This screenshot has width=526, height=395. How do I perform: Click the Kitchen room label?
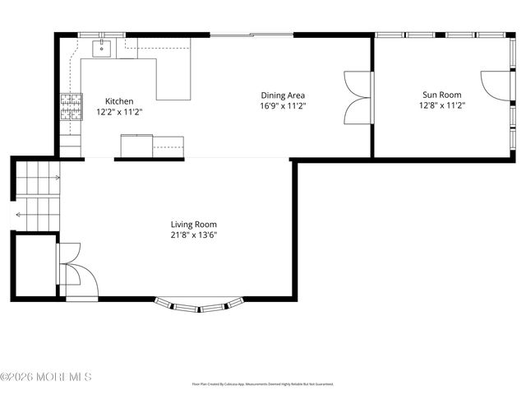113,101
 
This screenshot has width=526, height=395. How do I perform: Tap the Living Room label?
194,224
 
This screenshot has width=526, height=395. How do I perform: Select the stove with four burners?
71,106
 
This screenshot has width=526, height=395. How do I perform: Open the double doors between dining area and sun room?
358,95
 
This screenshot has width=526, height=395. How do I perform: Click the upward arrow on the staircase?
56,175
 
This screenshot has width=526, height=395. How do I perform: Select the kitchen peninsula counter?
173,79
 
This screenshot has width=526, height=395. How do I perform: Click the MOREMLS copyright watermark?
46,378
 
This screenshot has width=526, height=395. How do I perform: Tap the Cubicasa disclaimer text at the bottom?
263,384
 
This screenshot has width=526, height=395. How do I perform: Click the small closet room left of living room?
33,263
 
